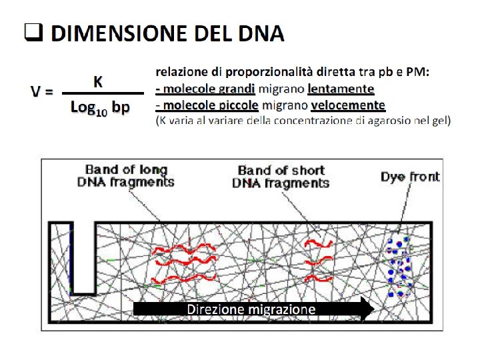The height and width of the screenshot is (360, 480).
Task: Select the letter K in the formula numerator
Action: click(x=97, y=81)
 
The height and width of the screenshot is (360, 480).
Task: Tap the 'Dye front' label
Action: click(x=409, y=177)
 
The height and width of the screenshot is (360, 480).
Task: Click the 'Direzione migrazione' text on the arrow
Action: click(x=251, y=309)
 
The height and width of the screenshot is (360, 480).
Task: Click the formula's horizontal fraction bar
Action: click(x=102, y=93)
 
